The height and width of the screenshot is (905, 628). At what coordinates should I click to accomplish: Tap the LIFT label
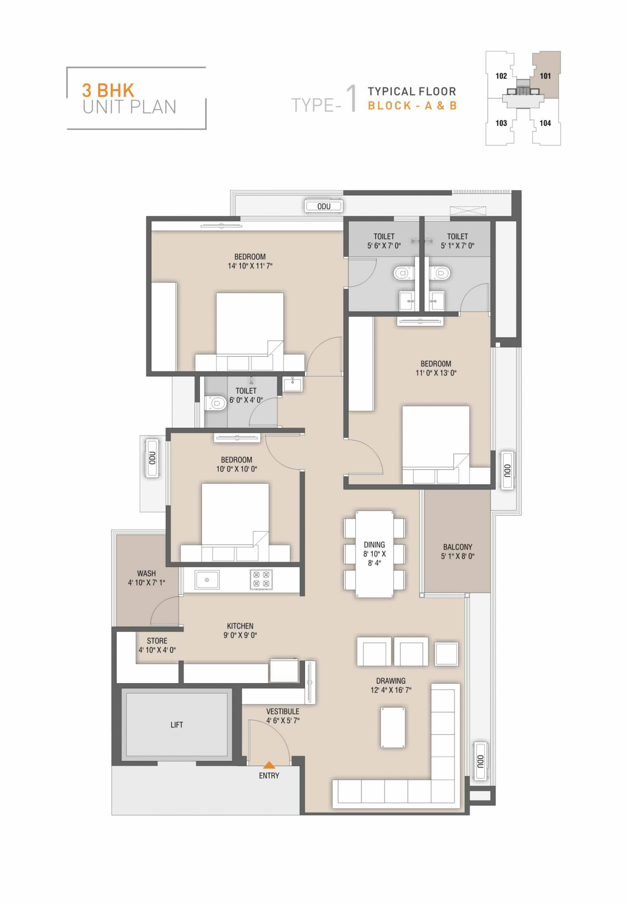(177, 725)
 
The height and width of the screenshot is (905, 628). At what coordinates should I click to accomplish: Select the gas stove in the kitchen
(261, 580)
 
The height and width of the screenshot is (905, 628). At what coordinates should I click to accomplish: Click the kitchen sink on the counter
(207, 580)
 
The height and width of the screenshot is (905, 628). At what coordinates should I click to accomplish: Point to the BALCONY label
(458, 547)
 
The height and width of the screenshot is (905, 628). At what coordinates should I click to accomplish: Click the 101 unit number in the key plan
(545, 76)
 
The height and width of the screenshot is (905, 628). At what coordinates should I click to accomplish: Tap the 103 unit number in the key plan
(501, 123)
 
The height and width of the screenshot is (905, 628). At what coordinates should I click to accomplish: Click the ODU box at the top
(324, 206)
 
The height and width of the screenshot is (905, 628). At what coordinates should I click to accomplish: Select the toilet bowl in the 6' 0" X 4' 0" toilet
(215, 403)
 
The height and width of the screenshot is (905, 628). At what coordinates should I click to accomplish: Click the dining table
(374, 554)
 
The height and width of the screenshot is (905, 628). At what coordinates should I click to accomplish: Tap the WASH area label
(146, 573)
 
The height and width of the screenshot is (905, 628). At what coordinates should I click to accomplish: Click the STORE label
(157, 641)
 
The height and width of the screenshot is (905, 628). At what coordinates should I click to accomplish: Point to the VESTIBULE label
(283, 711)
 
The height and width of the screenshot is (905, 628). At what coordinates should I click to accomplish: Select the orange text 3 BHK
(108, 90)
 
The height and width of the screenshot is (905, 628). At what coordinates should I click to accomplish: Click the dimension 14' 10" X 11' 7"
(250, 266)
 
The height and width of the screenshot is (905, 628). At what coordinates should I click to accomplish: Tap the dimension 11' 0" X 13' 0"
(436, 373)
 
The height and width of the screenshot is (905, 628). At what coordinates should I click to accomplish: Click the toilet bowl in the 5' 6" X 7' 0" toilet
(404, 273)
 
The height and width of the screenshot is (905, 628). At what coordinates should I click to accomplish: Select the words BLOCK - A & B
(413, 106)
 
